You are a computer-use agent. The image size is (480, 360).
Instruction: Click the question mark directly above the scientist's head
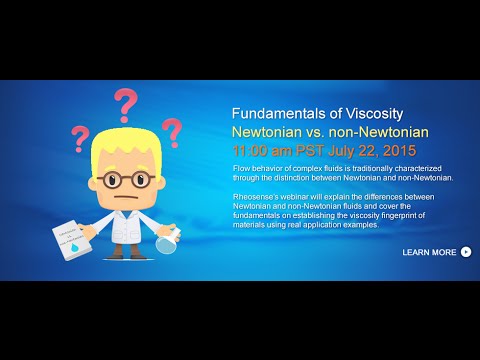click(x=125, y=103)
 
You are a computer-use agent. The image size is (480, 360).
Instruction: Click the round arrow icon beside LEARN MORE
click(x=466, y=252)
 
